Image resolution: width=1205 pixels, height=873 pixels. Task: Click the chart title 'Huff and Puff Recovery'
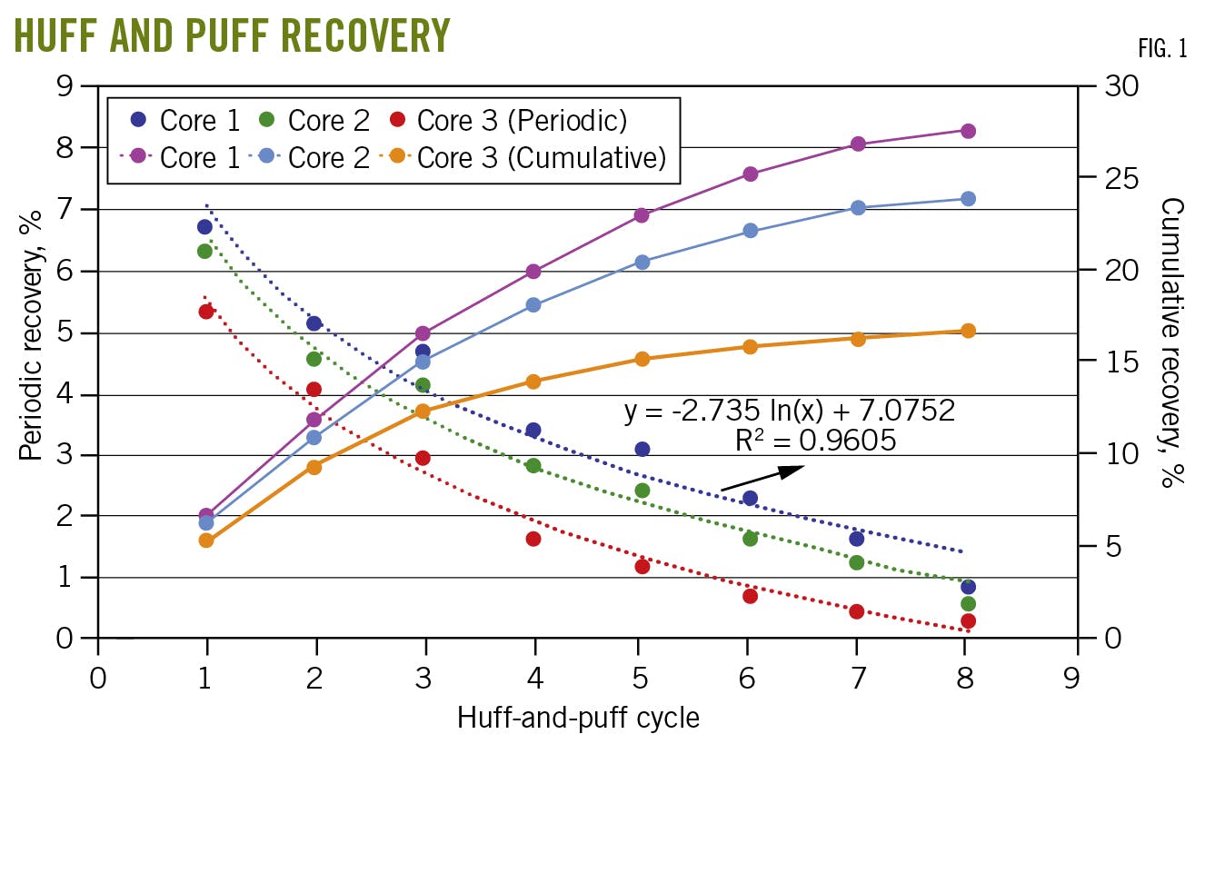coord(232,35)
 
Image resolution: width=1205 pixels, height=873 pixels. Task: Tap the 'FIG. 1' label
coord(1162,48)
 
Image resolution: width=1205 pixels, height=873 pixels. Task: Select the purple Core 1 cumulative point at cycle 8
coord(968,132)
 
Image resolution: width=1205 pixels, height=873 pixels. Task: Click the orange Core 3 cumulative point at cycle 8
coord(968,332)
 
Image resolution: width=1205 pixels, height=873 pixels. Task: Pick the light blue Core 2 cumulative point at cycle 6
coord(751,232)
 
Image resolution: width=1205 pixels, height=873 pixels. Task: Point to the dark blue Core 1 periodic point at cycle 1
coord(205,227)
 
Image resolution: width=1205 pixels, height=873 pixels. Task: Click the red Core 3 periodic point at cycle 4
coord(533,540)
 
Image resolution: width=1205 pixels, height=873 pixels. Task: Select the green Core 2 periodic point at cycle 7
coord(857,563)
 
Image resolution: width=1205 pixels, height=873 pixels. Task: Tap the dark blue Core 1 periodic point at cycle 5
coord(642,450)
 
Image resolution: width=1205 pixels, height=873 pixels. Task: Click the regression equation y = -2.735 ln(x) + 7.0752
coord(789,411)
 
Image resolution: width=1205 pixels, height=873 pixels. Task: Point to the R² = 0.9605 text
coord(815,441)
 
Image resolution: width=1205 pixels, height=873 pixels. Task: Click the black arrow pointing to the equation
coord(763,479)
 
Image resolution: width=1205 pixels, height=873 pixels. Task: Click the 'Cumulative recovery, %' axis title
coord(1172,342)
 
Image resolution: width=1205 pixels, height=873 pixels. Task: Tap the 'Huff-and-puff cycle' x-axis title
coord(578,718)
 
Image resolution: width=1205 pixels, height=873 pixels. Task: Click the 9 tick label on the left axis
coord(64,86)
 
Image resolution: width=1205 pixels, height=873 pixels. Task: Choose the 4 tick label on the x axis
coord(534,679)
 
